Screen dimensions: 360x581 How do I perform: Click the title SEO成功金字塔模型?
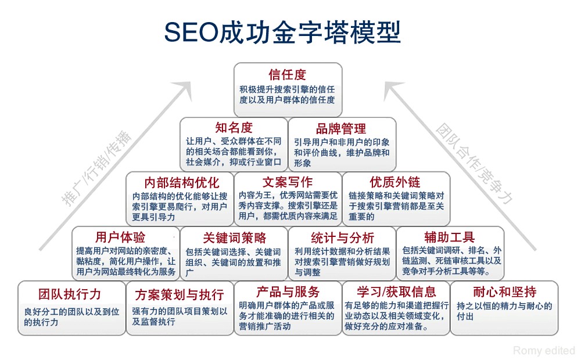pos(282,33)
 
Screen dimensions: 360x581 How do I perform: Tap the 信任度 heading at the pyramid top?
pos(288,75)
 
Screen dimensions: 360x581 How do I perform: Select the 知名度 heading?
pos(234,128)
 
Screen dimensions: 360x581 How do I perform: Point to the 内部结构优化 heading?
pos(182,182)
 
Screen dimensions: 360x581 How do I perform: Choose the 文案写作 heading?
pos(288,182)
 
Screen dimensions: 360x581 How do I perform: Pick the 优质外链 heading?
pos(395,182)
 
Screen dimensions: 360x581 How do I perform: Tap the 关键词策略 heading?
pos(234,237)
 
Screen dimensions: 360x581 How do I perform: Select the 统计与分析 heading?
pos(343,237)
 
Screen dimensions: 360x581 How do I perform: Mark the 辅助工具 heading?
pos(449,237)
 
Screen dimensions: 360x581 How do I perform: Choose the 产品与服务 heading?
pos(288,291)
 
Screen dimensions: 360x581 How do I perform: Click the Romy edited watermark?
pos(544,350)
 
